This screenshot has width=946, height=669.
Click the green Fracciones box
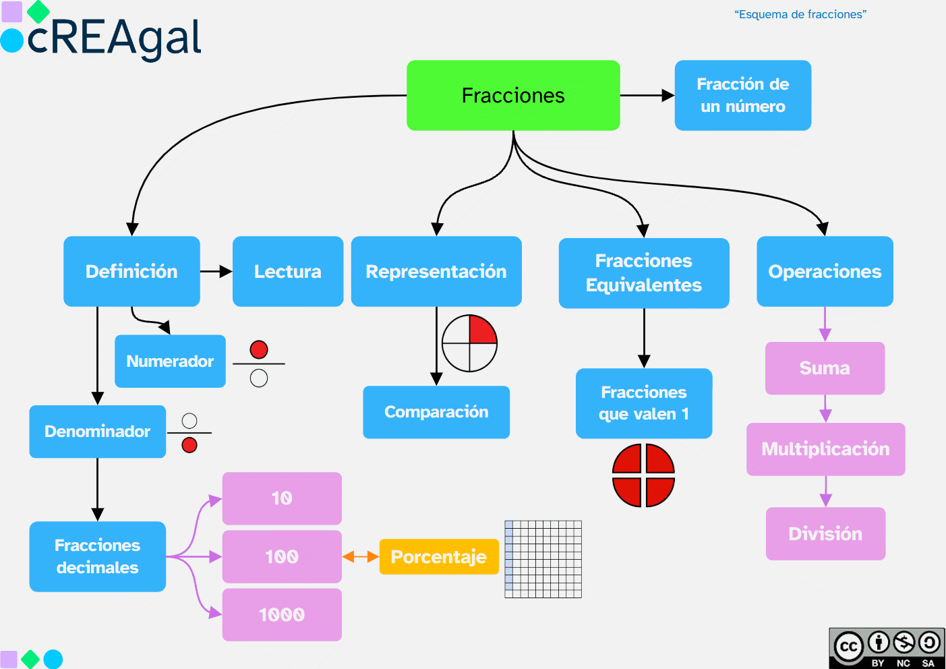click(513, 95)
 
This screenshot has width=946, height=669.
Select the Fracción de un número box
click(742, 95)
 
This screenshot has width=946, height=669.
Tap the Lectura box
click(287, 271)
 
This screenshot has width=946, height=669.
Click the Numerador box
click(170, 361)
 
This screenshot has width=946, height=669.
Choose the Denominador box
click(97, 431)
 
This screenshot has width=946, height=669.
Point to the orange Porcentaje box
click(438, 556)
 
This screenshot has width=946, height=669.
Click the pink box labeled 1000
click(282, 614)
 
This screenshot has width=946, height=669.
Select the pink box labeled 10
click(282, 498)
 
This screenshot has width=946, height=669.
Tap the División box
click(825, 533)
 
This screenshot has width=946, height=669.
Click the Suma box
click(825, 368)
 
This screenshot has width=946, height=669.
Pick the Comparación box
click(436, 411)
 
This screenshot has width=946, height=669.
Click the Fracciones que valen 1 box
click(643, 403)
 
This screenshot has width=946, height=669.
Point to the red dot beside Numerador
click(259, 349)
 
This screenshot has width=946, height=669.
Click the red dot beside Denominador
click(189, 445)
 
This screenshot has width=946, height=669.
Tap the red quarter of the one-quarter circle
click(481, 330)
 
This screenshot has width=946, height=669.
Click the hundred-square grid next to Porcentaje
click(543, 558)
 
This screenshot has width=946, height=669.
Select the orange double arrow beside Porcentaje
click(360, 556)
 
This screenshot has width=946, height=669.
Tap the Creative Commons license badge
click(886, 647)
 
